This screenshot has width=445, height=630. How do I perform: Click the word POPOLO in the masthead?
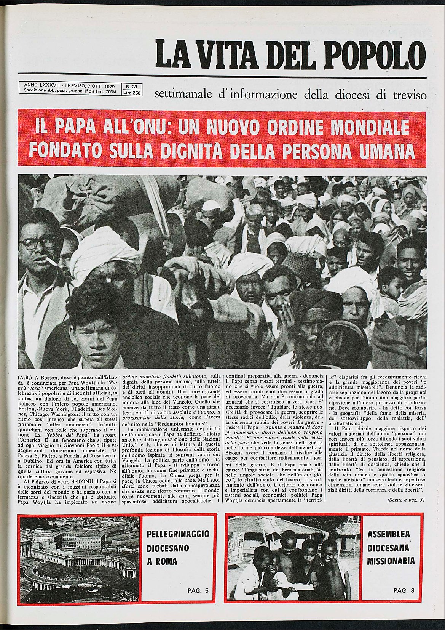pos(373,54)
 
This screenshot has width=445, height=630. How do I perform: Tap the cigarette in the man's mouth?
pos(51,261)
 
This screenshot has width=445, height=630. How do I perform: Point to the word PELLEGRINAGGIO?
pos(178,534)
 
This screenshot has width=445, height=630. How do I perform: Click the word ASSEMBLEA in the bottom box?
pos(388,534)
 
